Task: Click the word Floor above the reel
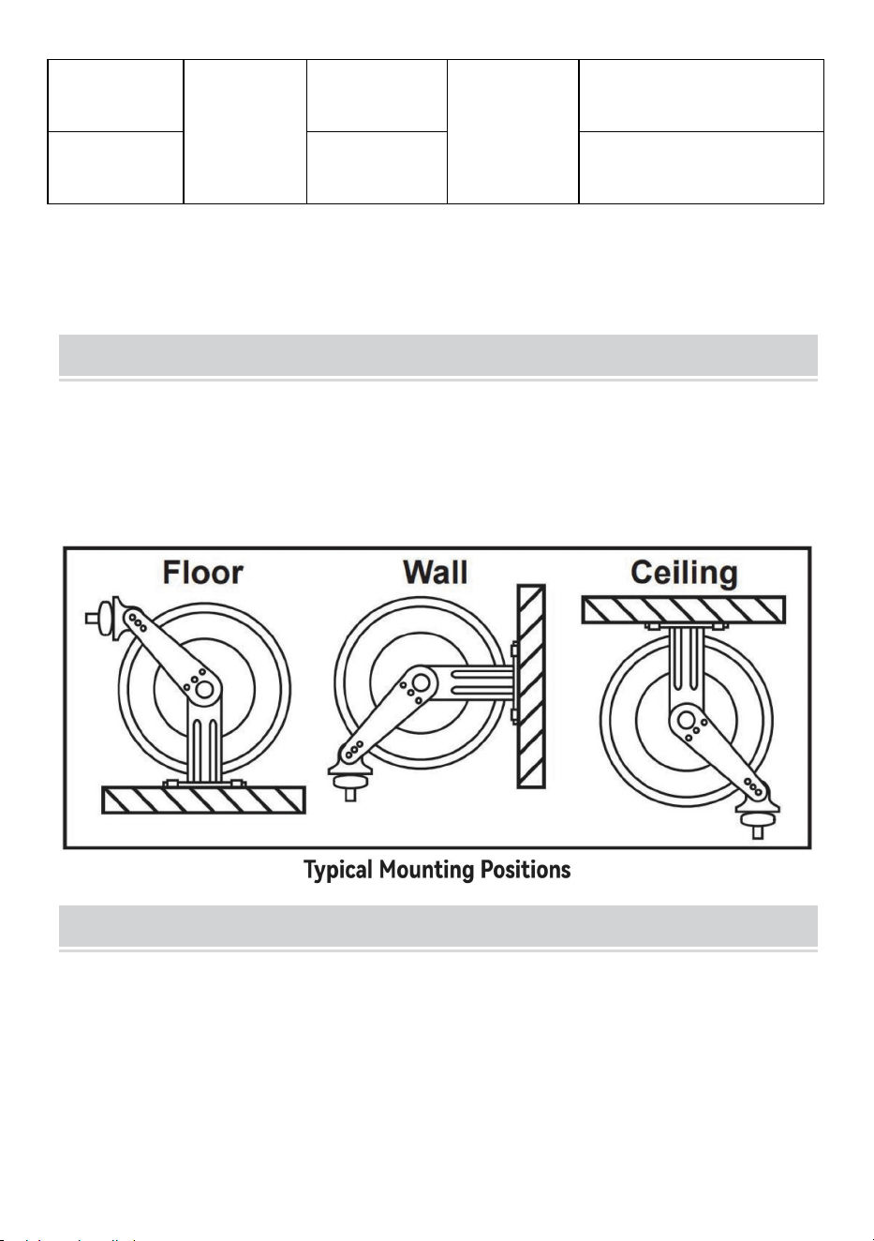(x=202, y=573)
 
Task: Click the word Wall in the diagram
(x=436, y=573)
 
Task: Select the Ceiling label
(x=684, y=574)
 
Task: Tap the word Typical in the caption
(x=338, y=871)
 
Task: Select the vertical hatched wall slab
(x=531, y=686)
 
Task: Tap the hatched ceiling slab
(x=684, y=609)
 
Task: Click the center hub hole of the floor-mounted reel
(x=204, y=690)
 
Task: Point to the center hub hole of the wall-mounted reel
(x=421, y=682)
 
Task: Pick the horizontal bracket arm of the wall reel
(x=476, y=682)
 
